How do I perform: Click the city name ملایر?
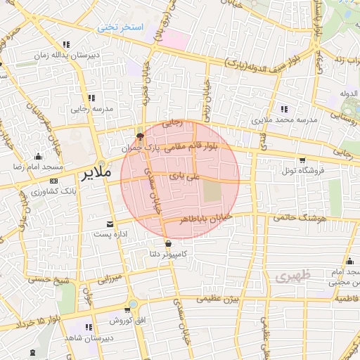(95, 173)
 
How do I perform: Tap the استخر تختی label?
(120, 27)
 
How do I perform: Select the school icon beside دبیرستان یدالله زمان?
(66, 44)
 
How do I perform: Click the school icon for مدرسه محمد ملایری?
(285, 109)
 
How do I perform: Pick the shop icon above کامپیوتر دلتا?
(167, 244)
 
